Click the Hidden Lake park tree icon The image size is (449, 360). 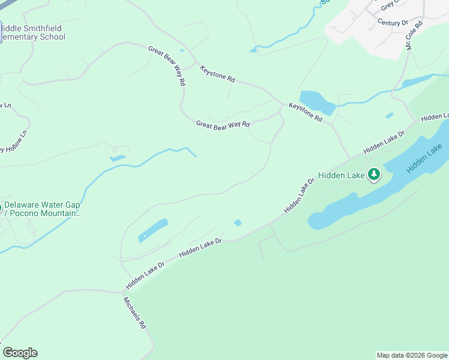point(375,175)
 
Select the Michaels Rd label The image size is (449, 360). point(135,313)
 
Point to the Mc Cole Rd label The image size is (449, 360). point(415,35)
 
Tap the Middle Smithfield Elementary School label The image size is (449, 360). point(32,32)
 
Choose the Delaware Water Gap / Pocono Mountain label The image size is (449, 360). point(42,209)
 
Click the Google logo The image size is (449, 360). point(20,353)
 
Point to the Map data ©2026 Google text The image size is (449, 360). point(412,355)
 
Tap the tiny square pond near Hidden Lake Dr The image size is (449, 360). point(238,223)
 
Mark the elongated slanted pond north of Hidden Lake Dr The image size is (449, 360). point(153,230)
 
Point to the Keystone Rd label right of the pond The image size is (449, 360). point(306,112)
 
